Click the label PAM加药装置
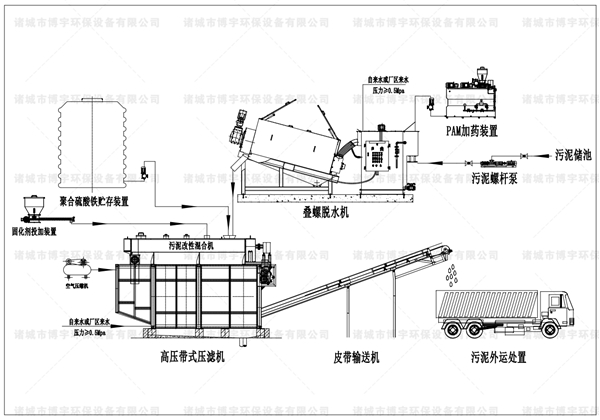(474, 131)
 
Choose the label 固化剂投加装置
(41, 230)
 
